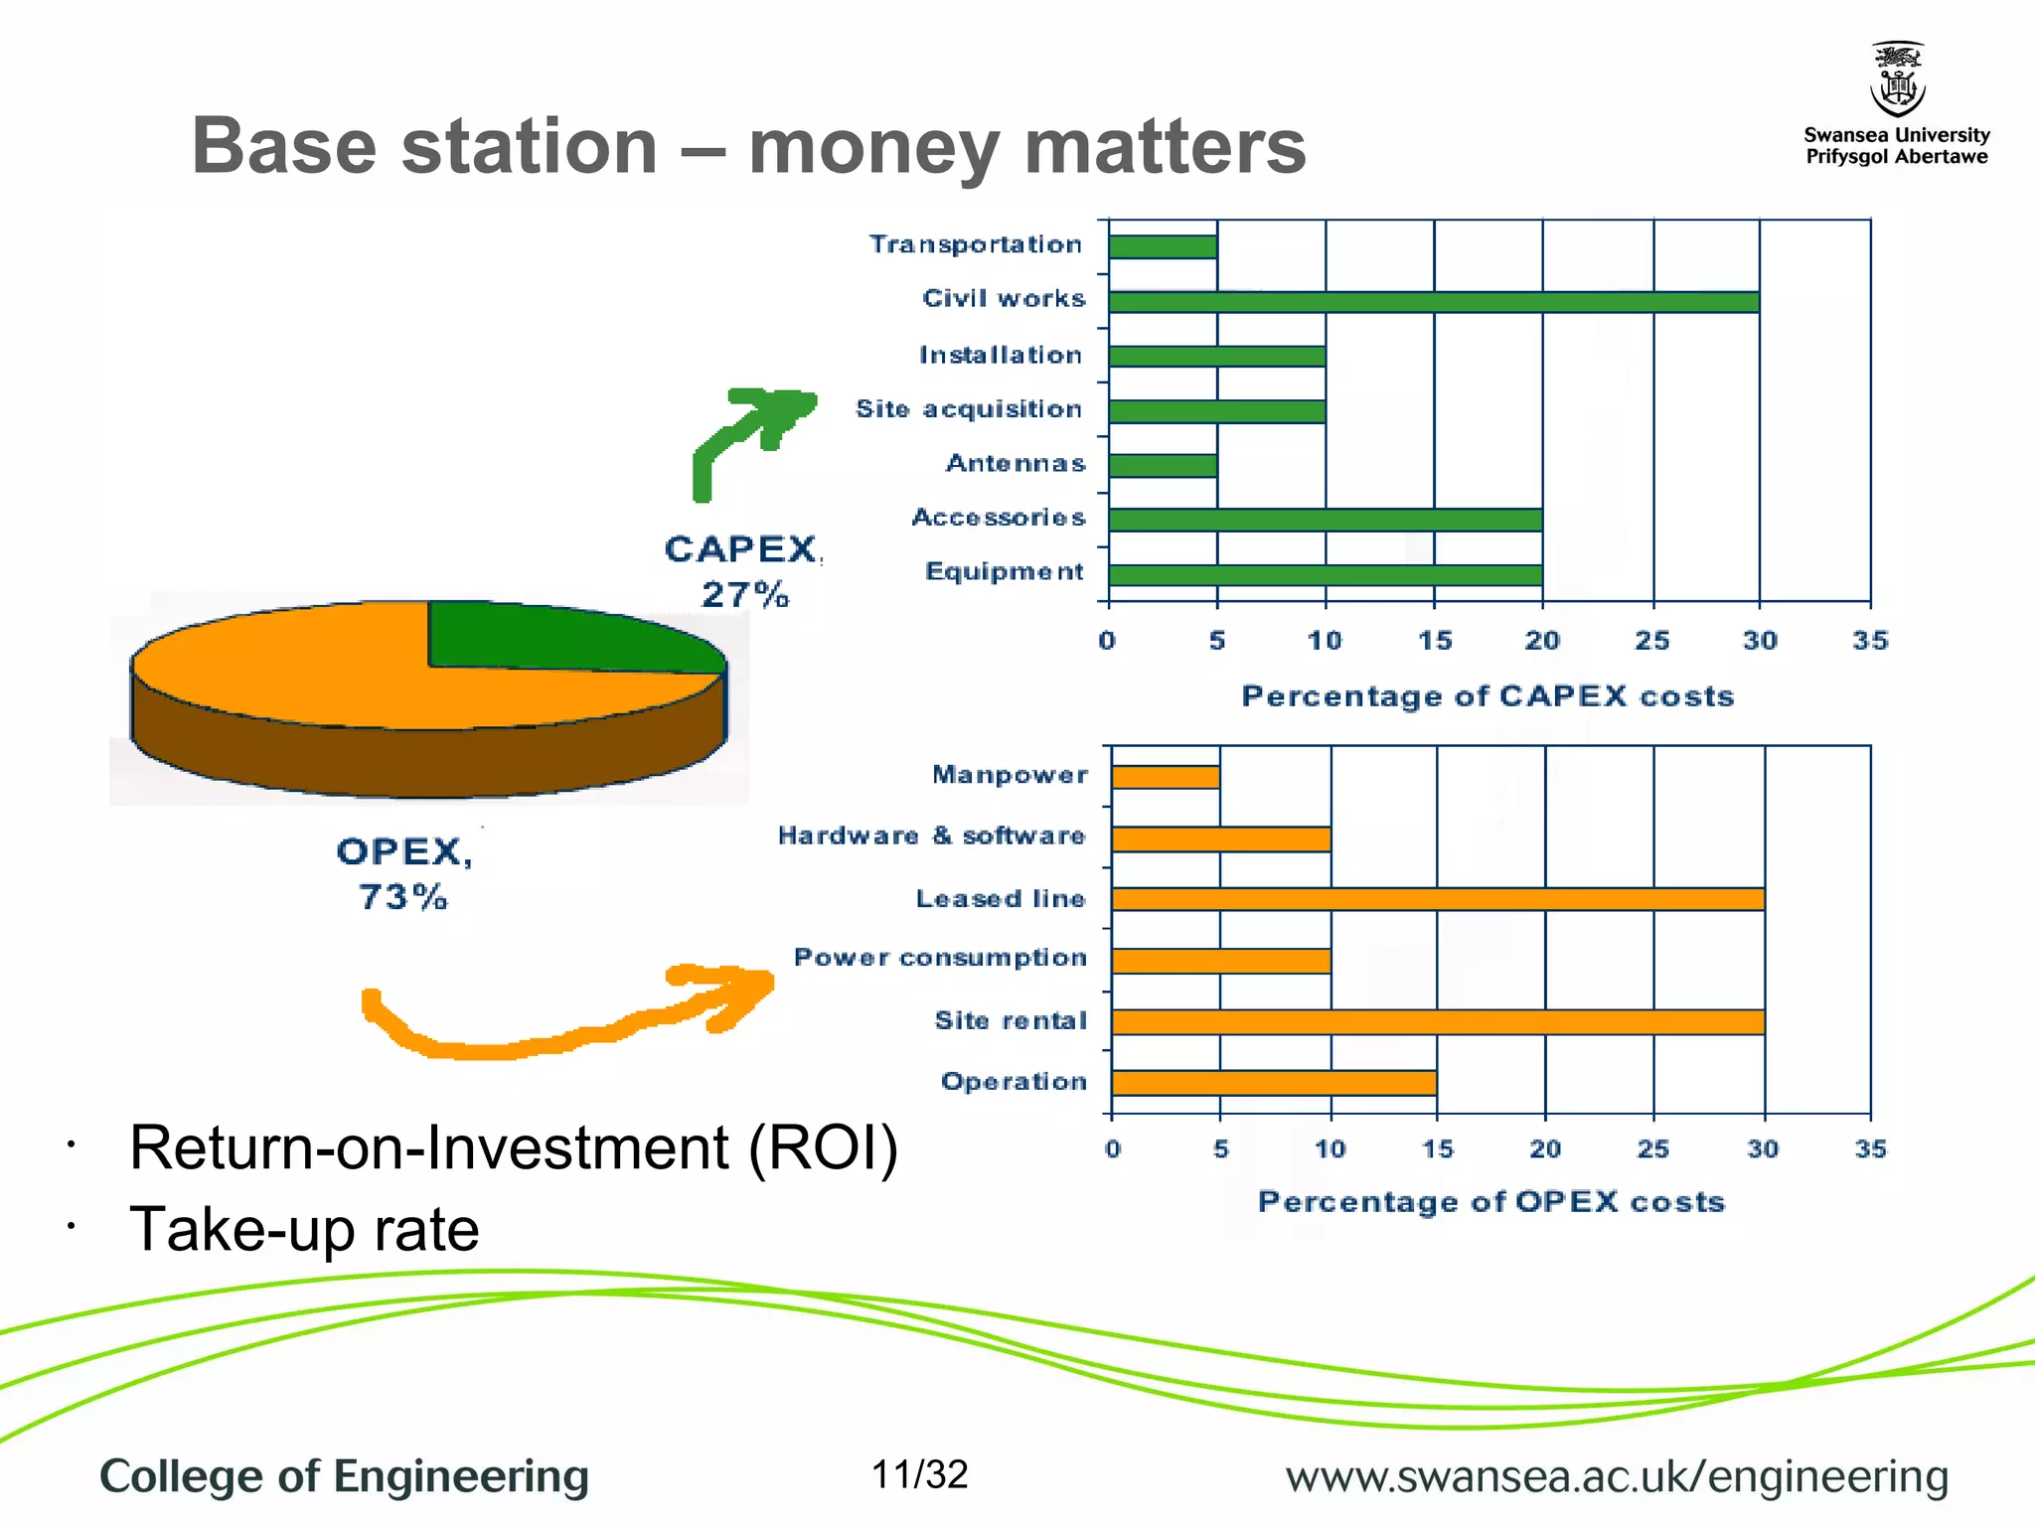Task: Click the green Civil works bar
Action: (x=1433, y=301)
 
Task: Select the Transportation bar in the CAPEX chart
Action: (x=1163, y=246)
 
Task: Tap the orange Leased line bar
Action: (x=1438, y=899)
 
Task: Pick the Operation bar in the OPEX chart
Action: (x=1274, y=1083)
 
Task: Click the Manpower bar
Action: (x=1166, y=777)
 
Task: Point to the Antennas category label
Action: (x=1015, y=464)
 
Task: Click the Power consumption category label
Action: (x=939, y=958)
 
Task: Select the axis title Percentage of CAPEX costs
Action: (x=1487, y=696)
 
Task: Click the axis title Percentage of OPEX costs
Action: (x=1490, y=1202)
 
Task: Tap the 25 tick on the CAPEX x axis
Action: (x=1651, y=641)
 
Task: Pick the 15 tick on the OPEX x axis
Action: (x=1437, y=1149)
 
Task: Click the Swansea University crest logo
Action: (x=1897, y=79)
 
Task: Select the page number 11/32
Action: (x=919, y=1474)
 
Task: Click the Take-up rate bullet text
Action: (x=304, y=1229)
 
